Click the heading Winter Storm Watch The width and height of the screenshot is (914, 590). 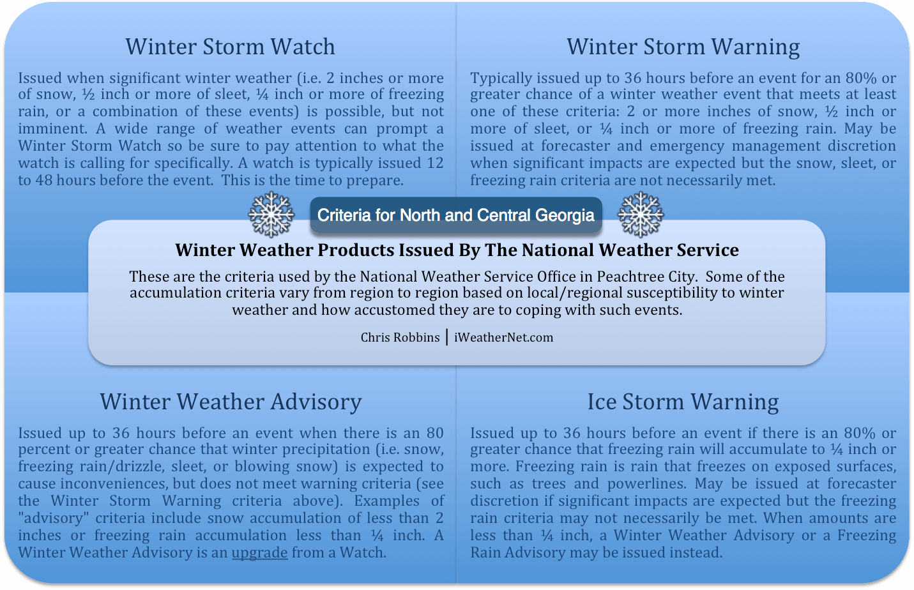click(x=230, y=47)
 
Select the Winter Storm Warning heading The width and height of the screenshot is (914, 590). click(x=683, y=47)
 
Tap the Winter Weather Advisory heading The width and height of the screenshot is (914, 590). click(x=231, y=402)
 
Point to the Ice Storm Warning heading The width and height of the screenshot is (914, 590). click(x=683, y=402)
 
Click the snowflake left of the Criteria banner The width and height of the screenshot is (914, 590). click(x=271, y=215)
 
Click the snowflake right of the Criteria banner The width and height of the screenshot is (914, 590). click(x=640, y=215)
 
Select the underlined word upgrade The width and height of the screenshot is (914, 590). click(x=259, y=553)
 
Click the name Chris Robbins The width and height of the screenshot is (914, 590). click(x=400, y=337)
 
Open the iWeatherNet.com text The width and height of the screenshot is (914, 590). click(x=503, y=337)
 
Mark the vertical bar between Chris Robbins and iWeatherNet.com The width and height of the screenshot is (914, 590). click(x=447, y=337)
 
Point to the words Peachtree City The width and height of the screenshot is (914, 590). click(x=646, y=276)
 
